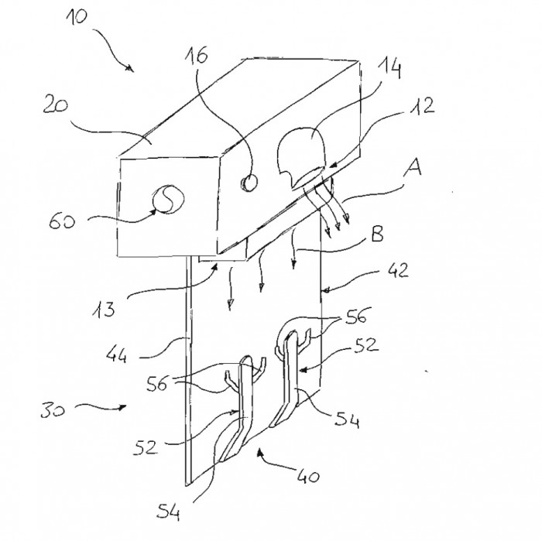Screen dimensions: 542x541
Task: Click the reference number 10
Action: tap(77, 16)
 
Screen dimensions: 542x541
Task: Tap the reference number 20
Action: tap(55, 105)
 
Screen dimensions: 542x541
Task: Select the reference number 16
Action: tap(197, 55)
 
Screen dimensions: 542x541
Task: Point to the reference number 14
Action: tap(389, 68)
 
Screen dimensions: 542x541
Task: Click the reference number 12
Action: tap(423, 106)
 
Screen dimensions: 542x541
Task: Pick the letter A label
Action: tap(413, 168)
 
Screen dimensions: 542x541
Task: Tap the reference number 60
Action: tap(61, 221)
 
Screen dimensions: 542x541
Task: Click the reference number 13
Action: tap(104, 310)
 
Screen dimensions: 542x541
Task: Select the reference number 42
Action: tap(398, 270)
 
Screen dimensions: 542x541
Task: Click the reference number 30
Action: tap(53, 410)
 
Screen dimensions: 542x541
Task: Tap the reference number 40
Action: tap(308, 477)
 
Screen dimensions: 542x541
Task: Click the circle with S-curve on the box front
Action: tap(168, 200)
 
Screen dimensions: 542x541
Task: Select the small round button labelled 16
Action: tap(249, 183)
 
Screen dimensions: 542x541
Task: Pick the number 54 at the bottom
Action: tap(168, 512)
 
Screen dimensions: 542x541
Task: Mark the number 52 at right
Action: tap(366, 344)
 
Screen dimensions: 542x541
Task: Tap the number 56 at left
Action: tap(157, 383)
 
